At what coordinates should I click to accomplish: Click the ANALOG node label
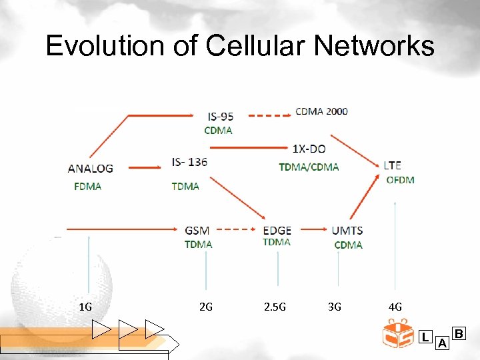(90, 169)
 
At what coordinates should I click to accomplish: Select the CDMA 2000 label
(321, 111)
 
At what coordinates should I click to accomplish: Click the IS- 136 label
(190, 162)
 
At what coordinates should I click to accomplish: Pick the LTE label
(393, 165)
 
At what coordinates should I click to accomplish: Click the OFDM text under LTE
(400, 180)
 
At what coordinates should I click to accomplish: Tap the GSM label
(197, 231)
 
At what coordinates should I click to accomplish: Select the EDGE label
(277, 231)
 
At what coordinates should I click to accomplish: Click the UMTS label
(347, 231)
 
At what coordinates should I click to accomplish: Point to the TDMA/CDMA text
(309, 167)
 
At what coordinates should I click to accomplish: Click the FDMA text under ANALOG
(87, 186)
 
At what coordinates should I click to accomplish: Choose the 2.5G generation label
(275, 307)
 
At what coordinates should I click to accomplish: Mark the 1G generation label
(85, 307)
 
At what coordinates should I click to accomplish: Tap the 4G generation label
(395, 307)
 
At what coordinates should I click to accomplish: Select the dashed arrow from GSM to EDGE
(238, 229)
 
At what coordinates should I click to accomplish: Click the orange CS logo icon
(398, 334)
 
